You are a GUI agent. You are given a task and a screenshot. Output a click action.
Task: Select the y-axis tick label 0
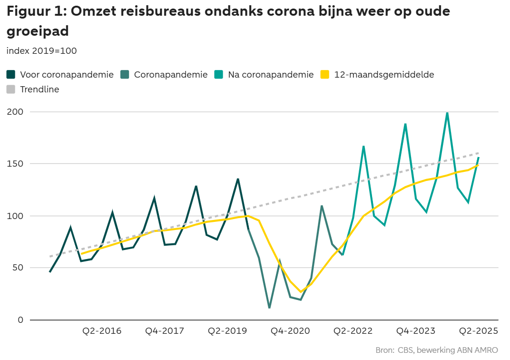(x=20, y=320)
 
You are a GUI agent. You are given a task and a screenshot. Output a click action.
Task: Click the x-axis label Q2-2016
(x=102, y=331)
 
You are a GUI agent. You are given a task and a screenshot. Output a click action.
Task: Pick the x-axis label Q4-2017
(x=165, y=331)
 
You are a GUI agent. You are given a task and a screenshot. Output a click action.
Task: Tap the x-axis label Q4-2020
(x=290, y=331)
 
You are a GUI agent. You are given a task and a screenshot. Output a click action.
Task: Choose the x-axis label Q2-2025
(x=478, y=331)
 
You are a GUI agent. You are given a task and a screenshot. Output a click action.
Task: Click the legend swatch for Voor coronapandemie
(x=11, y=75)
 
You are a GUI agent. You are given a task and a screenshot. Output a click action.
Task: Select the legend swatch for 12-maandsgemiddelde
(x=325, y=75)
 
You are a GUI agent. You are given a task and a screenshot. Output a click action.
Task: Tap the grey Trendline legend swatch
(x=11, y=89)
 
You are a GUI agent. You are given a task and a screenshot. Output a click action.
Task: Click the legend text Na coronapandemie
(x=271, y=75)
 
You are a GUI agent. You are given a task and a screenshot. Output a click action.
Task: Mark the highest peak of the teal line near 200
(x=447, y=113)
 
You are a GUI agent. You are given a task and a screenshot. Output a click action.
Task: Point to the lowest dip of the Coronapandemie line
(x=269, y=308)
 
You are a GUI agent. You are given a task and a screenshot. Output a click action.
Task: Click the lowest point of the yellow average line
(x=301, y=291)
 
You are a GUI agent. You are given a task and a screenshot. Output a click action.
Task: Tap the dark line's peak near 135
(x=238, y=179)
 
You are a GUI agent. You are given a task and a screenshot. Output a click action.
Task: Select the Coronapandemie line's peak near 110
(x=322, y=206)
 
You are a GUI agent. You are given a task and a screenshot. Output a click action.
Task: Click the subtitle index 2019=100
(x=42, y=51)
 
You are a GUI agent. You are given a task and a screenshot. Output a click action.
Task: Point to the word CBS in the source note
(x=405, y=350)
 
